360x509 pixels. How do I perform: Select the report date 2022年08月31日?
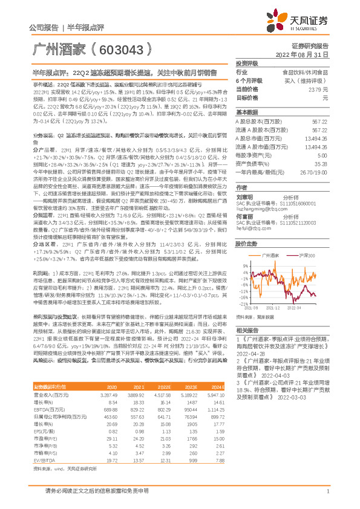307,55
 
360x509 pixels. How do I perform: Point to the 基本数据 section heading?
246,112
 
